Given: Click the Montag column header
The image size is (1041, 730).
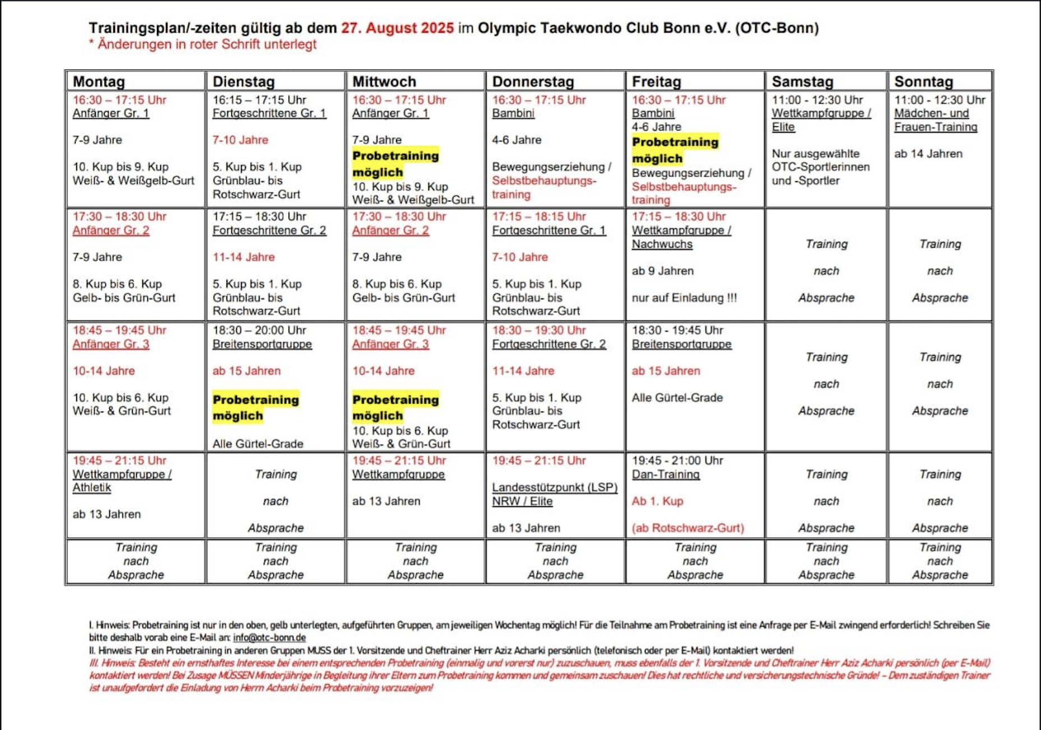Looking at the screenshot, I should (x=99, y=82).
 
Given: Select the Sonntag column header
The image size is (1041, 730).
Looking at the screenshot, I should (x=923, y=82).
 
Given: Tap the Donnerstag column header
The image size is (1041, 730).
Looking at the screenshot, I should (x=533, y=82).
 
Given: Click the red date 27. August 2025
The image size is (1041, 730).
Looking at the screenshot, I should (x=397, y=28).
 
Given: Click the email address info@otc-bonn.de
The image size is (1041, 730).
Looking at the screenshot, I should (x=269, y=637).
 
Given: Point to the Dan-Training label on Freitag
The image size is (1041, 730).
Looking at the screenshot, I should (x=666, y=474).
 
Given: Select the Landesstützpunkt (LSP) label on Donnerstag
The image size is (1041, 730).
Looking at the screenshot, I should (x=555, y=488).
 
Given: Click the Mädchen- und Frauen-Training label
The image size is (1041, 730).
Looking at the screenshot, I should (x=935, y=120).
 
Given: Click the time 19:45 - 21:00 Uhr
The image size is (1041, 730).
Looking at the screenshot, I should (x=677, y=460).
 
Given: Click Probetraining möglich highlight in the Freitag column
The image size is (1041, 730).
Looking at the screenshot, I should (x=675, y=150).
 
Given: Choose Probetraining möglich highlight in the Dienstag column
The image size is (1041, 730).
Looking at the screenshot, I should (x=255, y=408).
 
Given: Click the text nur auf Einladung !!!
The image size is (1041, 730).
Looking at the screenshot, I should (x=684, y=298).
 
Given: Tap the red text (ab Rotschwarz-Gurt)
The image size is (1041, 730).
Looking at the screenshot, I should (x=687, y=528).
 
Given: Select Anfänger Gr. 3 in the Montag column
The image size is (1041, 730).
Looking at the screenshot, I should (x=111, y=344).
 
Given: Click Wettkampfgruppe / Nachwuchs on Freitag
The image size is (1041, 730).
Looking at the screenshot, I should (x=681, y=237).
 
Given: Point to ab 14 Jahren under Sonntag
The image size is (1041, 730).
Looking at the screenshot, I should (x=928, y=154).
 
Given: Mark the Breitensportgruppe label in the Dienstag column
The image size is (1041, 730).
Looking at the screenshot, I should (x=262, y=344).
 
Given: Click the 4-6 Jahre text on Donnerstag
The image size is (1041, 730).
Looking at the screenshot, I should (x=516, y=140).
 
